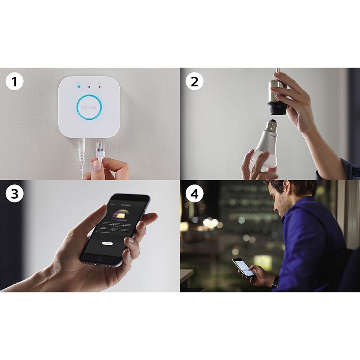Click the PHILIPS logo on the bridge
pos(89,108)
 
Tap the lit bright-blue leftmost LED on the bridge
pos(79,85)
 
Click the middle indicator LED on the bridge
pos(89,85)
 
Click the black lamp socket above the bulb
pos(276,108)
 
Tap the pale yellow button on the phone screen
pos(107,243)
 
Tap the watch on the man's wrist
pos(275,282)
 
